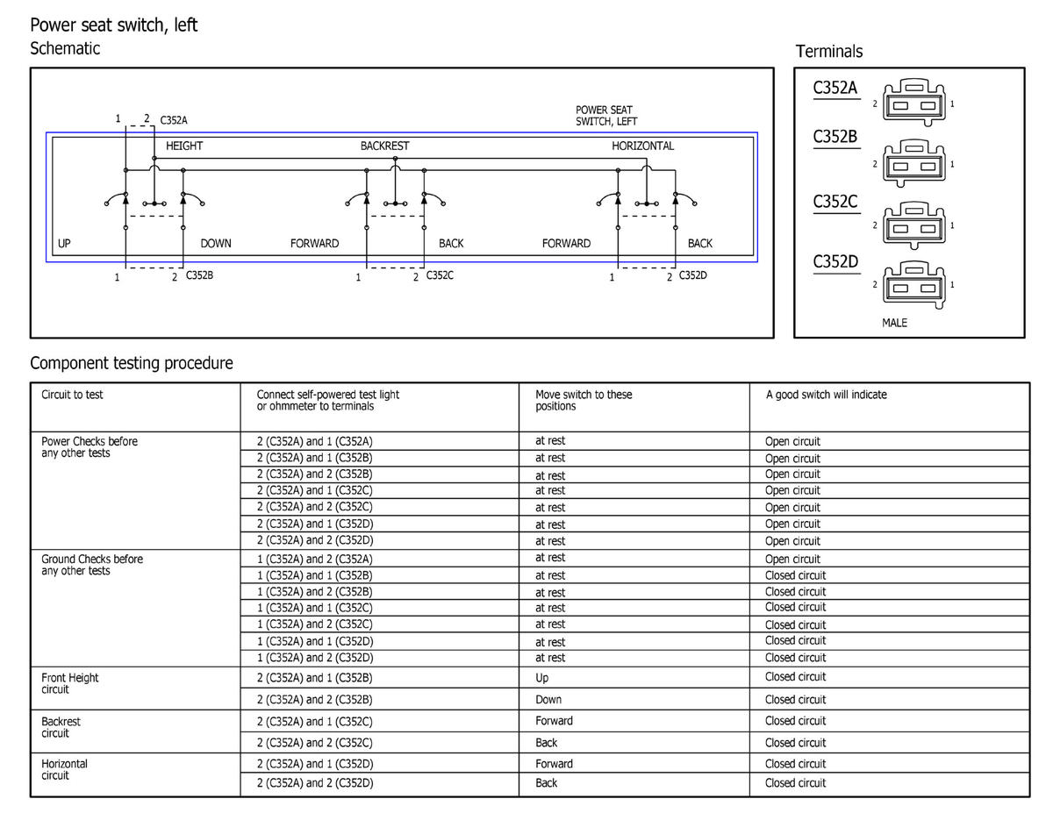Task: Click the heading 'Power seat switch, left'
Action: (x=114, y=25)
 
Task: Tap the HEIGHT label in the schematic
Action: (x=184, y=146)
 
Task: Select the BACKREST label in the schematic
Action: (x=384, y=146)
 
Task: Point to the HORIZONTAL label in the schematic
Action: (x=642, y=146)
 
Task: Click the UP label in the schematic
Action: (x=64, y=243)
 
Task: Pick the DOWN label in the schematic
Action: (x=216, y=243)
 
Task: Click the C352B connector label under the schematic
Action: (x=199, y=275)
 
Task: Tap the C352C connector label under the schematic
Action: (x=440, y=275)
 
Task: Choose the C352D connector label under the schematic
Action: (x=693, y=275)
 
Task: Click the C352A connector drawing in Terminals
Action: (x=913, y=103)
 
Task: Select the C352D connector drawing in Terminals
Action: (x=913, y=285)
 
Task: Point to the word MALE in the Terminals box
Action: (x=894, y=323)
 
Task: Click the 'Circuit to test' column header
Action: (x=72, y=395)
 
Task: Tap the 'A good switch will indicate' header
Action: (x=826, y=395)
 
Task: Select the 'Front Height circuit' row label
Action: (x=70, y=683)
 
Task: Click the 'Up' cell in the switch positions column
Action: (x=541, y=678)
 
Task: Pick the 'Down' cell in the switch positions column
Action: (x=548, y=699)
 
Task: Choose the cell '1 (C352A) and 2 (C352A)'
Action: (x=314, y=559)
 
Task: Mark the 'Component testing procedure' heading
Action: (x=132, y=363)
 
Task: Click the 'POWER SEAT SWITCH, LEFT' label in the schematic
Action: (x=606, y=115)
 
